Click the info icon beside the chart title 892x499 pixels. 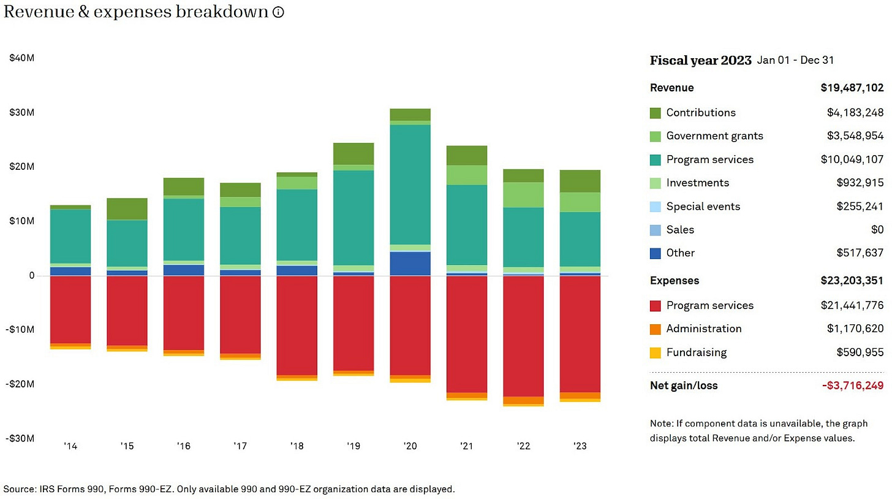[x=278, y=12]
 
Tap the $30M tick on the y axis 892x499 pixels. [x=21, y=113]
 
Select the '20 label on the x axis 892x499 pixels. [x=410, y=446]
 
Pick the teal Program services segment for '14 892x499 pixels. [x=70, y=236]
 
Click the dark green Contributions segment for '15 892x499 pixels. [x=127, y=209]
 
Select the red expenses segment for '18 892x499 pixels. [x=297, y=325]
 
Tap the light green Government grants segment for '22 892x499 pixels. [x=523, y=195]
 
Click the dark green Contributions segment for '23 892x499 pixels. [x=580, y=181]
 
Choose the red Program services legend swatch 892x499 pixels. [x=656, y=306]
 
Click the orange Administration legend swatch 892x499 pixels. [x=656, y=329]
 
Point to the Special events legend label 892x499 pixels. [x=703, y=207]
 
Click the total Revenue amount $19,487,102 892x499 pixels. [x=852, y=88]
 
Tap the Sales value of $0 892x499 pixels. [x=877, y=230]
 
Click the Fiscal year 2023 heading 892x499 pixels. [x=700, y=61]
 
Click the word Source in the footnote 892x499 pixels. [x=20, y=489]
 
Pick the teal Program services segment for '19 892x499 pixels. [x=353, y=218]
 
